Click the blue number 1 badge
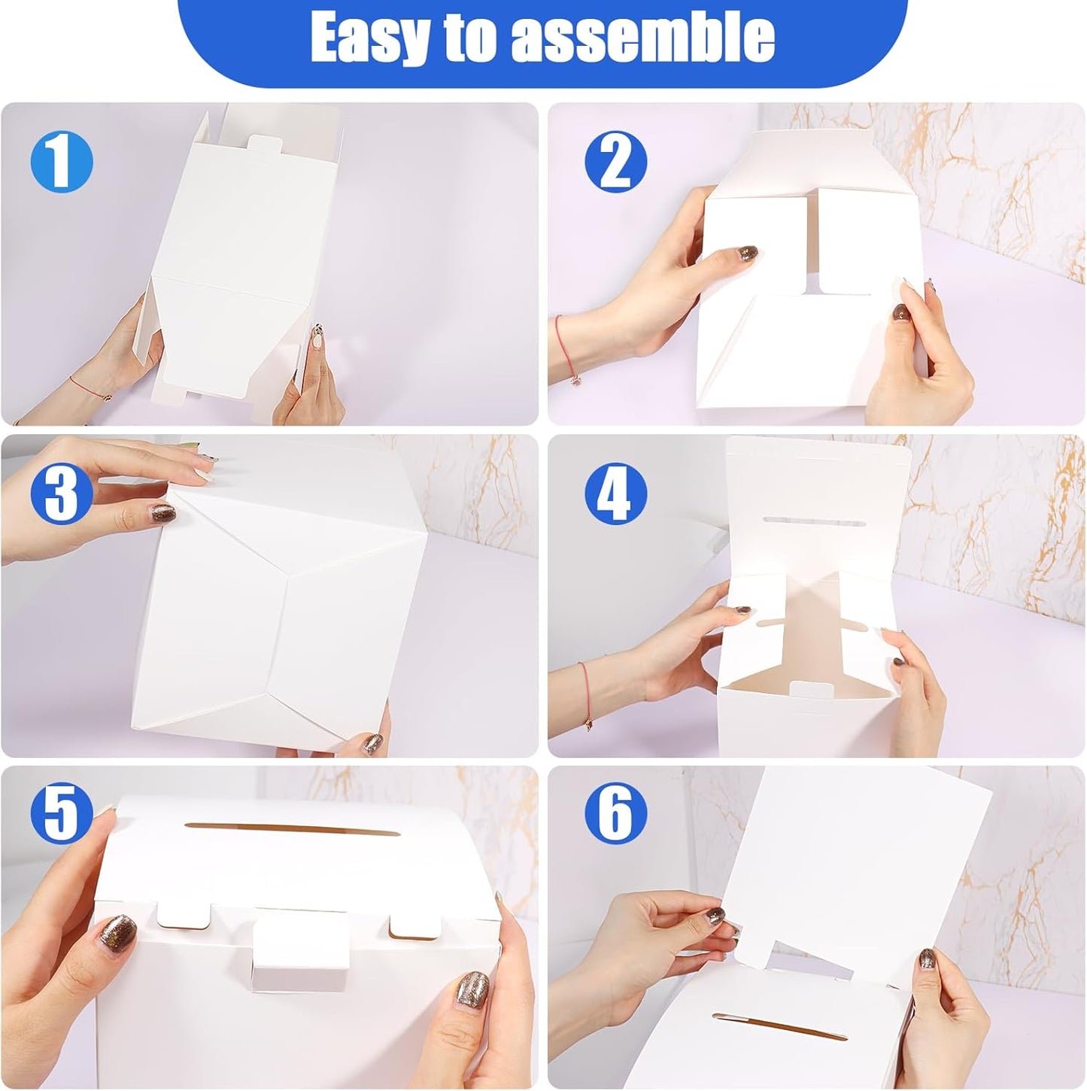click(x=62, y=162)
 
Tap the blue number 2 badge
click(x=615, y=162)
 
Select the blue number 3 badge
click(x=62, y=493)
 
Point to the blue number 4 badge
click(x=615, y=493)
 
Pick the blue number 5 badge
click(x=62, y=813)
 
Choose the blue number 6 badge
click(x=615, y=813)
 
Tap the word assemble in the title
click(x=642, y=38)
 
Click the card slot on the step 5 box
click(x=291, y=829)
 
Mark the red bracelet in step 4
click(x=586, y=692)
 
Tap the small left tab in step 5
click(x=184, y=913)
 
